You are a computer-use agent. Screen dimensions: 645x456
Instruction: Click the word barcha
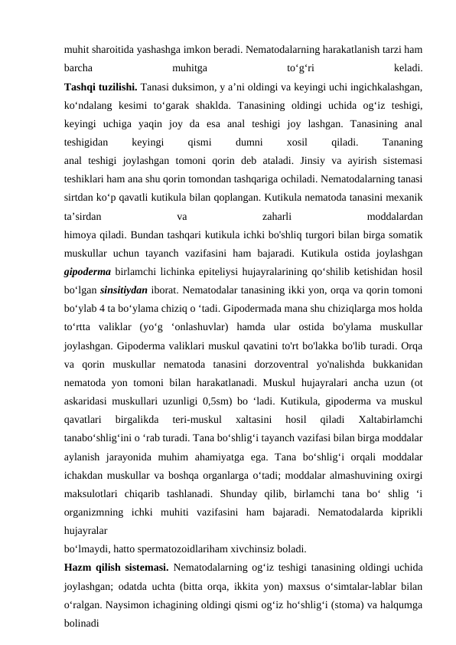pos(80,67)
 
